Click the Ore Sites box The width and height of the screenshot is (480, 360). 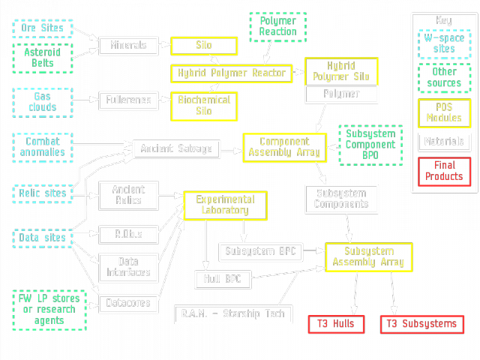[x=43, y=28]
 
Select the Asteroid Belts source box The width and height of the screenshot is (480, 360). [x=43, y=58]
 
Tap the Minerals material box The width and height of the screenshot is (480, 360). [x=128, y=46]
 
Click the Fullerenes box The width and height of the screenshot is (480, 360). [x=128, y=99]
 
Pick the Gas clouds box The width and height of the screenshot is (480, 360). [x=43, y=101]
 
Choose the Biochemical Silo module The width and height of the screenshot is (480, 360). [x=204, y=106]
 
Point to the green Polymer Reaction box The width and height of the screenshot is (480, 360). [x=277, y=26]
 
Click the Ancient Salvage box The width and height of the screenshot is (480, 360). [x=177, y=148]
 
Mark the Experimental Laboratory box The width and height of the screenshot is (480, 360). [x=226, y=205]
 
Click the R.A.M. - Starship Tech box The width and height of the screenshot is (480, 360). [x=232, y=313]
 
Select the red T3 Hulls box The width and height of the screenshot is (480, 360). [x=335, y=324]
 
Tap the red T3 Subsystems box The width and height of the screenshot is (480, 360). [x=422, y=324]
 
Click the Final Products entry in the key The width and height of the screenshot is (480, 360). [x=444, y=171]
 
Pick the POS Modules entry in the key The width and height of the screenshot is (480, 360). [x=444, y=112]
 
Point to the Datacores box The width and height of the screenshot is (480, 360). [x=129, y=303]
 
